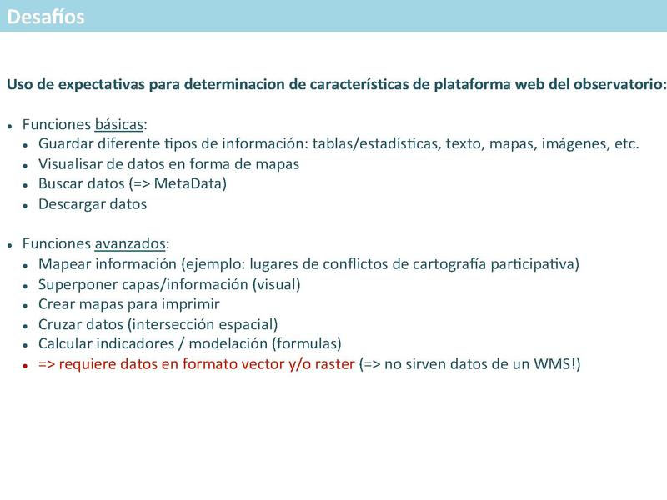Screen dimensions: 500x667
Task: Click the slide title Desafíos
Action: click(45, 17)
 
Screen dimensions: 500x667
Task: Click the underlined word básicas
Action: click(119, 125)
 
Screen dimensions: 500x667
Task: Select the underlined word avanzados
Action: click(131, 244)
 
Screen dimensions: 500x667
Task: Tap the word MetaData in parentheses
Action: click(193, 184)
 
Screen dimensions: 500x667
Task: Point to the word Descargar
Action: click(69, 204)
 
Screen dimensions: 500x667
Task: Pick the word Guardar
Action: click(66, 144)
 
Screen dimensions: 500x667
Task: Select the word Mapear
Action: click(65, 264)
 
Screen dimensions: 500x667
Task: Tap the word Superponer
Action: click(78, 284)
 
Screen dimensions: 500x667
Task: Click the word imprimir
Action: click(189, 304)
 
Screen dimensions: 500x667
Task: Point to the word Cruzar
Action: click(60, 324)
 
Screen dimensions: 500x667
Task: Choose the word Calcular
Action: click(66, 344)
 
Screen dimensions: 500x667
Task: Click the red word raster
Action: click(334, 364)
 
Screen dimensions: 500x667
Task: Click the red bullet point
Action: click(27, 365)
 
